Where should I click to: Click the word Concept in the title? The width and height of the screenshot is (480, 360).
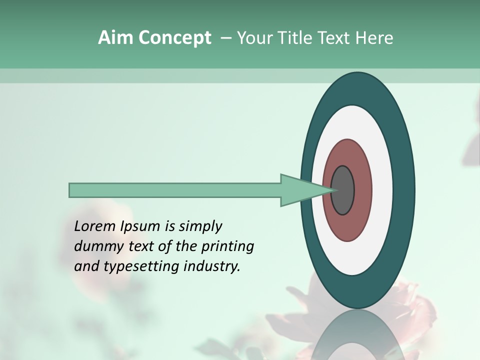pos(174,38)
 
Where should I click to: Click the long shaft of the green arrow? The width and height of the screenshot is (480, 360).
pos(175,190)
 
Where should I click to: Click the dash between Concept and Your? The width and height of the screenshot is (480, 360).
pos(226,38)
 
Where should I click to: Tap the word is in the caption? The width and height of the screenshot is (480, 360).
pos(169,226)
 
